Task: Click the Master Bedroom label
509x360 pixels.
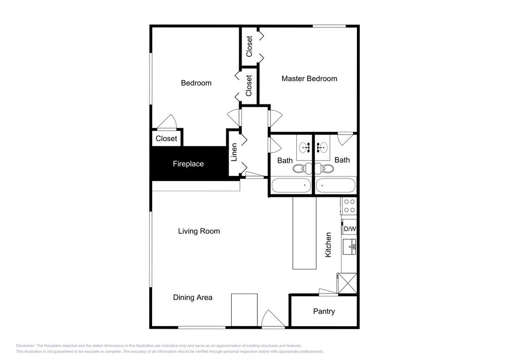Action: [309, 79]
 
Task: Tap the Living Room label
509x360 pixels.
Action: [199, 231]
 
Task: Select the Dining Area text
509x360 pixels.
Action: [192, 297]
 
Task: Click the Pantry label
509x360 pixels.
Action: [324, 311]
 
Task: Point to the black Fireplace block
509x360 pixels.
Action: [188, 164]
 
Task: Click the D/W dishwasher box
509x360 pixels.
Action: [349, 229]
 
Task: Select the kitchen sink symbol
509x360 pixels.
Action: [349, 246]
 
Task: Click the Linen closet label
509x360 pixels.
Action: [234, 153]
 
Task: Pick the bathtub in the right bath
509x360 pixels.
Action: [336, 186]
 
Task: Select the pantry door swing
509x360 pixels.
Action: [328, 291]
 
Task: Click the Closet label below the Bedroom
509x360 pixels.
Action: [166, 139]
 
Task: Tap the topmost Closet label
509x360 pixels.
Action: [250, 46]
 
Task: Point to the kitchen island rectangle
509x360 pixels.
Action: [304, 233]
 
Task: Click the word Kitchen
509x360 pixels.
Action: [328, 245]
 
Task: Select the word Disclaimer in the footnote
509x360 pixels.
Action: [25, 346]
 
